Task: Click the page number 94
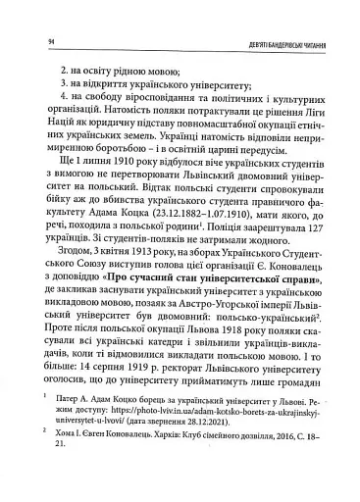pyautogui.click(x=35, y=38)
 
